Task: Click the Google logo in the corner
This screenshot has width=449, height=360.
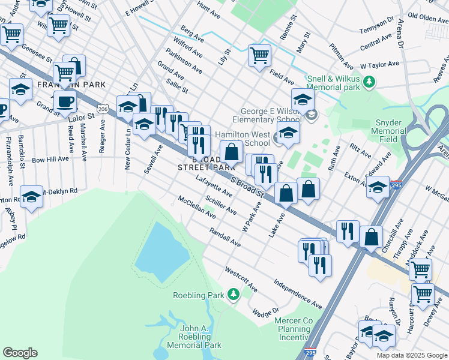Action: click(20, 353)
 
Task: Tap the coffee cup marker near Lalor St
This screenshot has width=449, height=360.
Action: click(65, 103)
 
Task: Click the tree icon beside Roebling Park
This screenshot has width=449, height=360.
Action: click(234, 295)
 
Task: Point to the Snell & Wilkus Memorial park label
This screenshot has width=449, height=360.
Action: click(333, 83)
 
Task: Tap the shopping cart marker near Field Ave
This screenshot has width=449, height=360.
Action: click(259, 56)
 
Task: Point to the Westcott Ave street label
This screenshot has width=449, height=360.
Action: click(241, 280)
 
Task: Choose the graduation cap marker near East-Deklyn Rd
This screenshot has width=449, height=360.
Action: click(31, 197)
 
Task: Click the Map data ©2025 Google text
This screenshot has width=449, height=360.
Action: click(411, 355)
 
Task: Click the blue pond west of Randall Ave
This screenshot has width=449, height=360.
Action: click(158, 252)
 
